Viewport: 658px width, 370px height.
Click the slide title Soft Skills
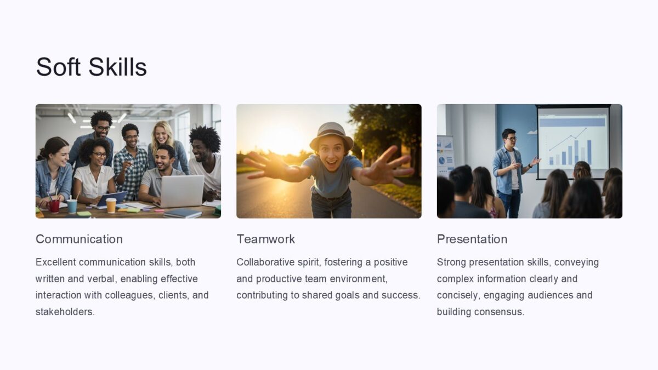(x=91, y=67)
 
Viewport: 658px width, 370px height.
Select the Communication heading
(x=79, y=239)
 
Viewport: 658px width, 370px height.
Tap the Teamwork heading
(x=265, y=239)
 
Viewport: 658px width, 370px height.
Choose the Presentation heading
(x=472, y=239)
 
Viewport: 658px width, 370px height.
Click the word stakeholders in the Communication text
(x=64, y=312)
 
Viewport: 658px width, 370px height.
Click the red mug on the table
(x=54, y=206)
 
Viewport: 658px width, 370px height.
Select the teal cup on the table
(x=72, y=206)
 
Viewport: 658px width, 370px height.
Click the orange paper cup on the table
(x=111, y=205)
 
